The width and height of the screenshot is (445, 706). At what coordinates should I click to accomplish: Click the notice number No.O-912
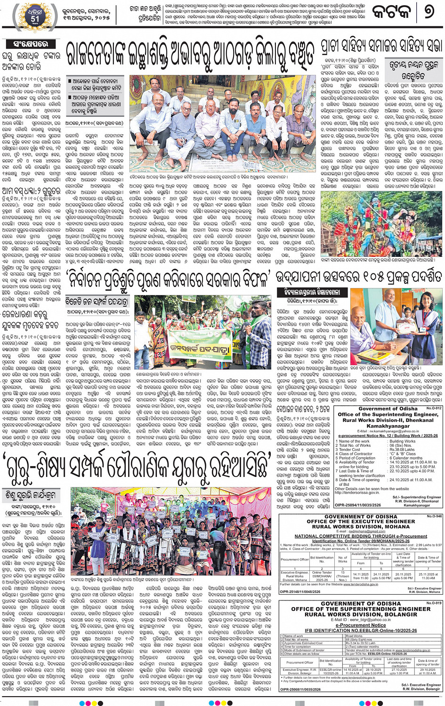pos(434,408)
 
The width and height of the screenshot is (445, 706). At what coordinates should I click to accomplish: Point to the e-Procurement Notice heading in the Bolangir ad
pos(360,625)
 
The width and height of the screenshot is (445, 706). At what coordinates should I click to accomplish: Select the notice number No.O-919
pos(434,603)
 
